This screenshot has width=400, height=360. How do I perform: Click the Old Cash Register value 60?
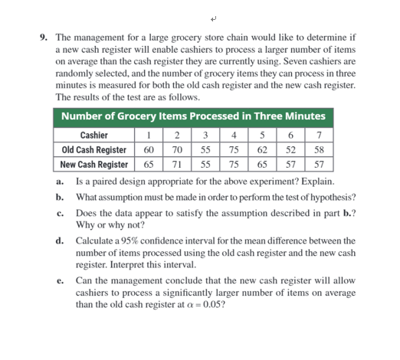click(x=149, y=150)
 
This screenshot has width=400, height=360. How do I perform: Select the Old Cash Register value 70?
click(x=177, y=150)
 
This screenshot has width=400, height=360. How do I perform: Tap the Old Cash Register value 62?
click(x=262, y=150)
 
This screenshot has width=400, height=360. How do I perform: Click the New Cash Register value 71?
click(x=177, y=165)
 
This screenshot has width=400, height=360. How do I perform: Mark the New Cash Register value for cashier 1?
click(x=149, y=165)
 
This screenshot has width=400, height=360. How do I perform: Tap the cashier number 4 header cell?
click(x=234, y=136)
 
